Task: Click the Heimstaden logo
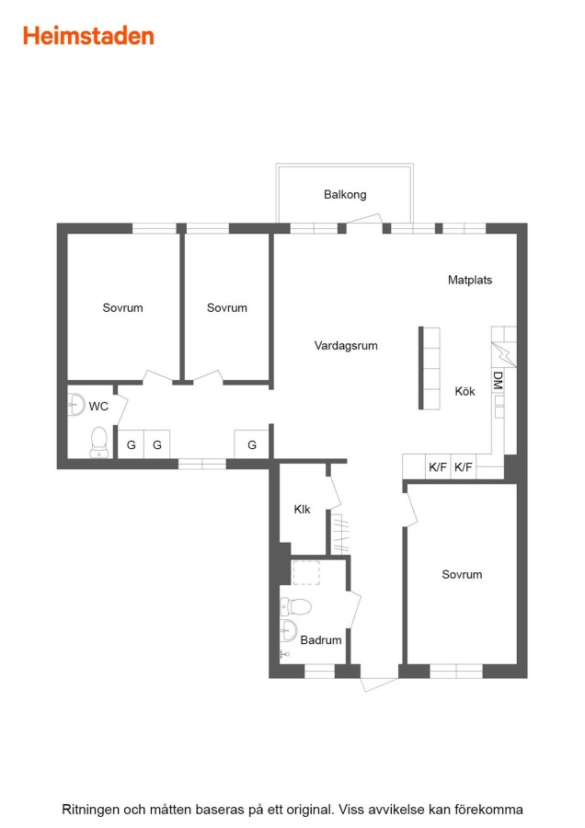tap(88, 36)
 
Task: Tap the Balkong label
tap(345, 194)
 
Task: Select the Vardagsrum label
tap(346, 346)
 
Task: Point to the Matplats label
tap(470, 280)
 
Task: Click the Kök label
tap(465, 391)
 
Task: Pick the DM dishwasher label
tap(497, 380)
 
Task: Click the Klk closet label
tap(302, 510)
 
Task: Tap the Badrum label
tap(320, 640)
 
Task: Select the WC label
tap(98, 407)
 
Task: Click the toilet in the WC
tap(99, 443)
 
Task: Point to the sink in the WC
tap(76, 405)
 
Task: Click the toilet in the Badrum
tap(295, 606)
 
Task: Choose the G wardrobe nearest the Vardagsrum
tap(252, 444)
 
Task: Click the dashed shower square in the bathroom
tap(305, 573)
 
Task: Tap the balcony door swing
tap(364, 219)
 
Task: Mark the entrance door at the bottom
tap(379, 684)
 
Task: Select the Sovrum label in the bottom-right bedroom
tap(462, 574)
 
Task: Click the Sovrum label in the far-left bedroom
tap(122, 308)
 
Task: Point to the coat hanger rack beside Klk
tap(340, 533)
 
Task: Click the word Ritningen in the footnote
tap(90, 810)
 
